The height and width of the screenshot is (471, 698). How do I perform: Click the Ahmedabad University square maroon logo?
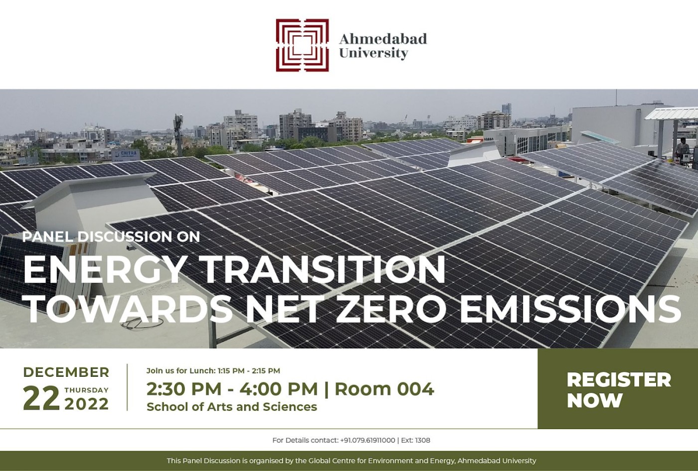(302, 45)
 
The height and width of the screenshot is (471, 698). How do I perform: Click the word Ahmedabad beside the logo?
(383, 39)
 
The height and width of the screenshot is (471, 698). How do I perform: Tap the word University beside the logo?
(373, 53)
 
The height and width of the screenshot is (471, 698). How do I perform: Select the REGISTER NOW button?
(618, 389)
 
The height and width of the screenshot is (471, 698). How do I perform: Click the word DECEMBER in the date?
(66, 372)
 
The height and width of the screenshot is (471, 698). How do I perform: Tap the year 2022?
(87, 404)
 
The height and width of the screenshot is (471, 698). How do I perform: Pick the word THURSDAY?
(87, 390)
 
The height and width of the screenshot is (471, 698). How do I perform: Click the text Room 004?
(384, 389)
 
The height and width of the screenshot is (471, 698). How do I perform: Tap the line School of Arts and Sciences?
(232, 407)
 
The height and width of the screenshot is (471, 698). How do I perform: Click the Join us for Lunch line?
(213, 371)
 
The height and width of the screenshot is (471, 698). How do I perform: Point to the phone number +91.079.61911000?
(368, 440)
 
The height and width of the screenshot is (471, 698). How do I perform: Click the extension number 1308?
(423, 440)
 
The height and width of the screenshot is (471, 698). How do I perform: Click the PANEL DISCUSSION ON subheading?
(111, 237)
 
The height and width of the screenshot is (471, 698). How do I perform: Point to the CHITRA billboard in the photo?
(126, 155)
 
